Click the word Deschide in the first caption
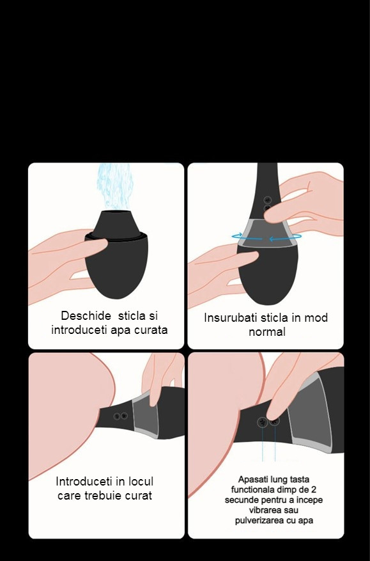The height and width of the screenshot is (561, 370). click(x=86, y=315)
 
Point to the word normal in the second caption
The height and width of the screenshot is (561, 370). click(x=267, y=331)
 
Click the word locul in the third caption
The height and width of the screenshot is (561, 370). click(x=141, y=481)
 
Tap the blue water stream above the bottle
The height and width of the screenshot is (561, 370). click(x=115, y=186)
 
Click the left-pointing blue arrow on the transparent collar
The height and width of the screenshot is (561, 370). click(x=285, y=238)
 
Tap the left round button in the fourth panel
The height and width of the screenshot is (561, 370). click(x=263, y=422)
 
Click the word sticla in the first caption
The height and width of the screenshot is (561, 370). click(x=132, y=315)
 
